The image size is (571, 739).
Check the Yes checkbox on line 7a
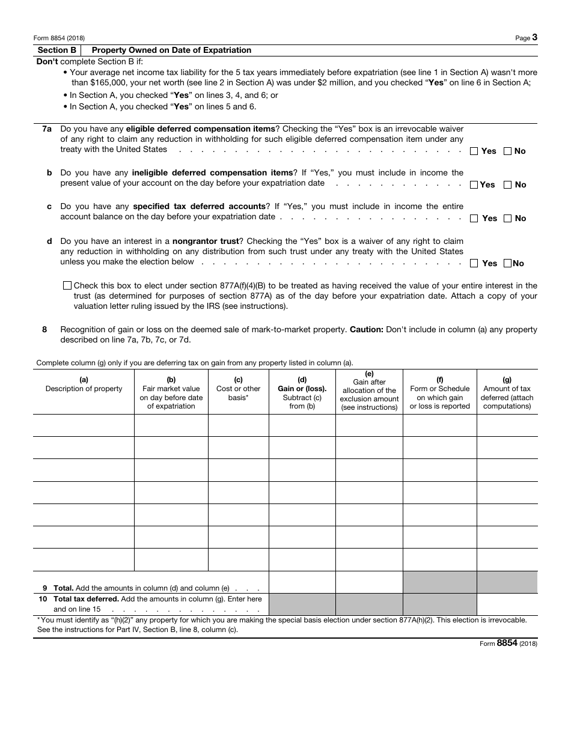(x=474, y=151)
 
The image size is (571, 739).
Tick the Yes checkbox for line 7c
(x=474, y=219)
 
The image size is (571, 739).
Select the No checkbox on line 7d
(x=508, y=263)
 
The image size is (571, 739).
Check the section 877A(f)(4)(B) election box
(x=67, y=286)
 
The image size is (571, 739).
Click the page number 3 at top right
(x=534, y=37)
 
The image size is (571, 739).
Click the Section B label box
(x=57, y=50)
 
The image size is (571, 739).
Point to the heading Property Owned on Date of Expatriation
(x=171, y=50)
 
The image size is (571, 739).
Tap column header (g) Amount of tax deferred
(x=507, y=393)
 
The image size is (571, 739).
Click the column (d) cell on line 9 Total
(x=302, y=582)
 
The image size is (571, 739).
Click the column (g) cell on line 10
(x=507, y=604)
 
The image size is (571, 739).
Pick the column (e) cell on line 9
(x=368, y=582)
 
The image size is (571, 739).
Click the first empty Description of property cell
(x=84, y=425)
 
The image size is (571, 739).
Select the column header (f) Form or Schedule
(x=439, y=393)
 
